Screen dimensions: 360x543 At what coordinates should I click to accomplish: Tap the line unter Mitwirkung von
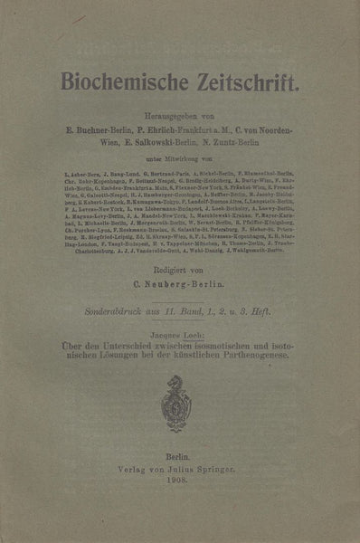[x=180, y=157]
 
